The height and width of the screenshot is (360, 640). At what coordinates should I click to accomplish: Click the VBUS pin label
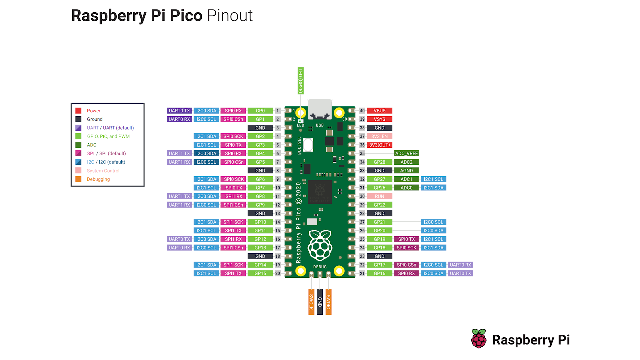(x=379, y=111)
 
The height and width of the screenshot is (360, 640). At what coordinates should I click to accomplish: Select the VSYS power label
(x=379, y=119)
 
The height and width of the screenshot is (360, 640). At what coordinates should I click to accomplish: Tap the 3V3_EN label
(x=379, y=136)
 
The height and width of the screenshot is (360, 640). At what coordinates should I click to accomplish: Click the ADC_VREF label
(x=406, y=154)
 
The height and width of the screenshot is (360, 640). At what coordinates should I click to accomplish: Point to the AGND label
(x=406, y=171)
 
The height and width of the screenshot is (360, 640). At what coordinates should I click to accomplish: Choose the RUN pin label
(x=379, y=196)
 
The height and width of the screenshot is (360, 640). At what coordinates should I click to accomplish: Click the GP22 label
(x=379, y=205)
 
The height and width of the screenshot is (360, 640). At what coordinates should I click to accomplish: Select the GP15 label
(x=260, y=273)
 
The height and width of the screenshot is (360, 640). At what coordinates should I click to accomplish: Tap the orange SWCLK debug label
(x=311, y=302)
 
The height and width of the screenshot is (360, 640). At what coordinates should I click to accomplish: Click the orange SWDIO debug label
(x=329, y=302)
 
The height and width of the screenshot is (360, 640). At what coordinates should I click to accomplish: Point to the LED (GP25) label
(x=300, y=81)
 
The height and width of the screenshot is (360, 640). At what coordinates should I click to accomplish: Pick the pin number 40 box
(x=362, y=111)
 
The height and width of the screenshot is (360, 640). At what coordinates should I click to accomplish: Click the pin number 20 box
(x=278, y=273)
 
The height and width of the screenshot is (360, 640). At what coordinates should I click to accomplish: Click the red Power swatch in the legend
(x=79, y=111)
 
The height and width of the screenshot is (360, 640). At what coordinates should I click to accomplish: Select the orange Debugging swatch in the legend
(x=79, y=179)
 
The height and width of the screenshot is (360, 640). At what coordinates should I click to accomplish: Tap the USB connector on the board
(x=320, y=109)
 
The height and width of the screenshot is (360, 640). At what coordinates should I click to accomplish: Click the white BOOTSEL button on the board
(x=308, y=145)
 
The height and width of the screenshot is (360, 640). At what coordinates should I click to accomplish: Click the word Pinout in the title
(x=230, y=16)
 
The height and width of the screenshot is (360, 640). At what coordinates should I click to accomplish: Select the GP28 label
(x=379, y=162)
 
